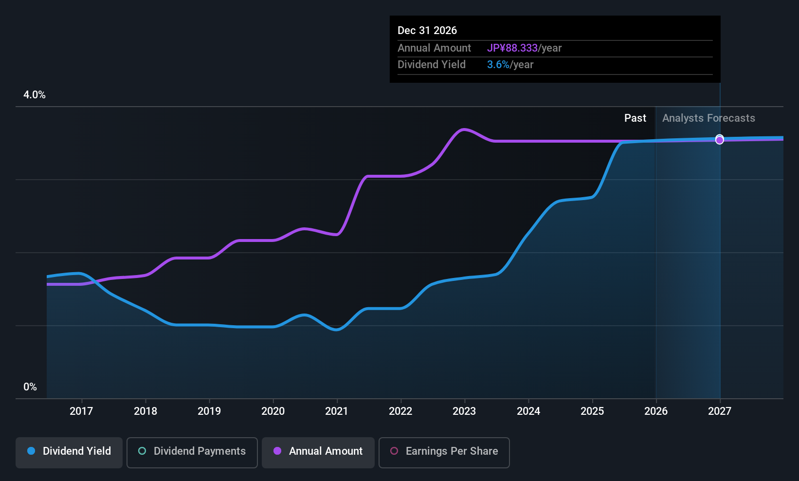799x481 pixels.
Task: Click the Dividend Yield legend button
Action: tap(69, 452)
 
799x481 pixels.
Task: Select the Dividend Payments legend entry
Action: tap(192, 452)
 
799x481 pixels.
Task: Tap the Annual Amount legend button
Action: tap(318, 452)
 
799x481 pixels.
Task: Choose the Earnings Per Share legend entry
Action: tap(444, 452)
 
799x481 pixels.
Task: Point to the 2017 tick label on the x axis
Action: tap(81, 411)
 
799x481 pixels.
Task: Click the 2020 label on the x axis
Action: tap(273, 411)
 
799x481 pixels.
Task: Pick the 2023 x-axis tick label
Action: tap(464, 411)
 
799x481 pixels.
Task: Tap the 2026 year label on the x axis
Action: tap(656, 411)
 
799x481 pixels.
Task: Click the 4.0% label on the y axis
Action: tap(34, 95)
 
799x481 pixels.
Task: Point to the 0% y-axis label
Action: tap(30, 387)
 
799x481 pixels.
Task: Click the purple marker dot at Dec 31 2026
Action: tap(720, 140)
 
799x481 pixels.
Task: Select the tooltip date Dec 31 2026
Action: tap(427, 30)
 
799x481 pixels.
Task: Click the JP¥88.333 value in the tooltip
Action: tap(512, 48)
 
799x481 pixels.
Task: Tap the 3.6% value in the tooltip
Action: tap(498, 65)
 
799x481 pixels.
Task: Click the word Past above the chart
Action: tap(635, 118)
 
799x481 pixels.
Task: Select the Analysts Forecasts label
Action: tap(708, 118)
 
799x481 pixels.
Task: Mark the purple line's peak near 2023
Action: tap(463, 129)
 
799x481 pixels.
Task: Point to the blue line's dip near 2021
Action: tap(336, 330)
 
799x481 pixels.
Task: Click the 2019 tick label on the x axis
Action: tap(209, 411)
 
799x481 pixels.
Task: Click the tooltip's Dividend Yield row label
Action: tap(432, 65)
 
